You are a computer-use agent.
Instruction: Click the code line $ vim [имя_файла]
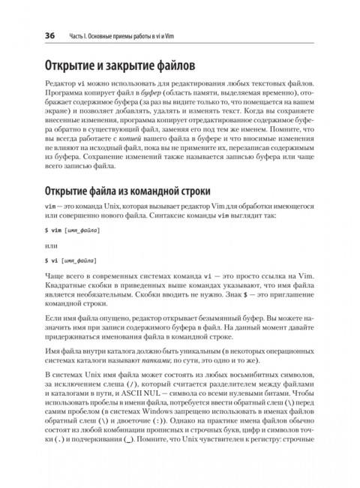click(x=72, y=229)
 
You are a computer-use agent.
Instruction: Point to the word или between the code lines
click(x=51, y=245)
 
